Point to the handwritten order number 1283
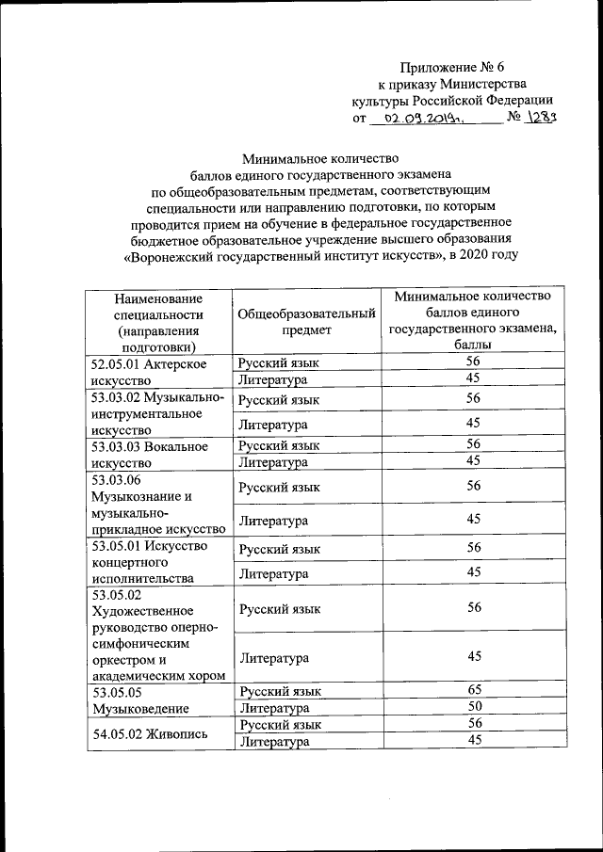[x=544, y=118]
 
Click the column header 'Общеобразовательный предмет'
[x=306, y=322]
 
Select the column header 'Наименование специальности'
[x=158, y=322]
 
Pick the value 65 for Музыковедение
[x=474, y=690]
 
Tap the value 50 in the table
[x=474, y=707]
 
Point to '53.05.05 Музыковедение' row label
[x=139, y=699]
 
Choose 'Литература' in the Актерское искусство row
[x=273, y=379]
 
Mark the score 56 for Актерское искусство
[x=474, y=362]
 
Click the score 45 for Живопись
[x=474, y=742]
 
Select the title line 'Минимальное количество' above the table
[x=320, y=157]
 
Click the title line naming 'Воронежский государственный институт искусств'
[x=320, y=255]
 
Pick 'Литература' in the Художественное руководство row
[x=273, y=657]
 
